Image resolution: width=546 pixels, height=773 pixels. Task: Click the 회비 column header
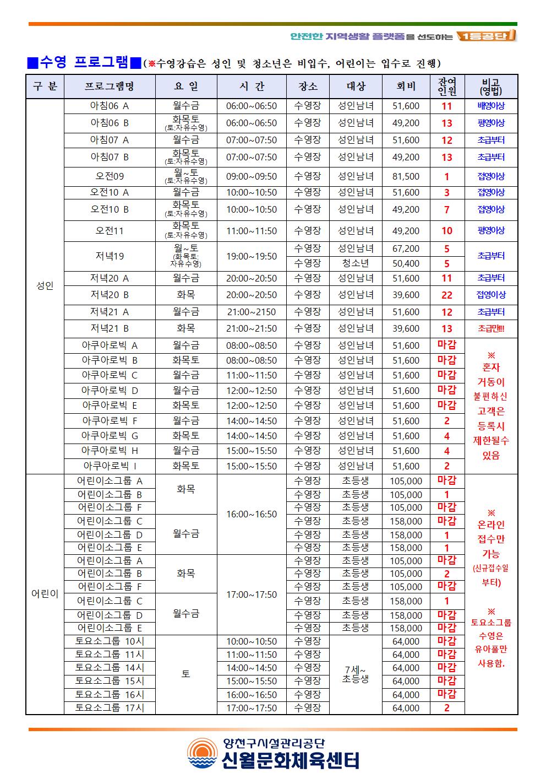[x=406, y=87]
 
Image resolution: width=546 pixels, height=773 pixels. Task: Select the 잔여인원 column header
[x=446, y=87]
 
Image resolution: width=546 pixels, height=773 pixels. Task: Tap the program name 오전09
[x=110, y=176]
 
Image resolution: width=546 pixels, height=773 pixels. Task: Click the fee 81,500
[x=406, y=176]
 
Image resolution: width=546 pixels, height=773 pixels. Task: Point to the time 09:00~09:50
[x=252, y=176]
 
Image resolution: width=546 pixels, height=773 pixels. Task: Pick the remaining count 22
[x=446, y=295]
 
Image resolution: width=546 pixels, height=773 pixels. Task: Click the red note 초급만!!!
[x=491, y=329]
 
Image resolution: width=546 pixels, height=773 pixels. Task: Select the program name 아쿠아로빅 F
[x=110, y=421]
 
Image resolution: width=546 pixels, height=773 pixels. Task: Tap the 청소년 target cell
[x=356, y=263]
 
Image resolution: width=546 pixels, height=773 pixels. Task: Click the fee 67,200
[x=406, y=248]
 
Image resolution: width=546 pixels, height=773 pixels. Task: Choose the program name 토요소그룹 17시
[x=110, y=708]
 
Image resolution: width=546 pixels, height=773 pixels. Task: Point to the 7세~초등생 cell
[x=356, y=674]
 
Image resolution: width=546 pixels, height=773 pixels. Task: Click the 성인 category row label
[x=45, y=286]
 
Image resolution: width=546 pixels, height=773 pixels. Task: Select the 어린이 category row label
[x=45, y=594]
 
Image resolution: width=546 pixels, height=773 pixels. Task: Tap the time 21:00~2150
[x=252, y=312]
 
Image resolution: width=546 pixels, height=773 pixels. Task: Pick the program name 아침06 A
[x=110, y=106]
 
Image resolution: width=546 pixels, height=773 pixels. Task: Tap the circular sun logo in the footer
[x=202, y=753]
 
